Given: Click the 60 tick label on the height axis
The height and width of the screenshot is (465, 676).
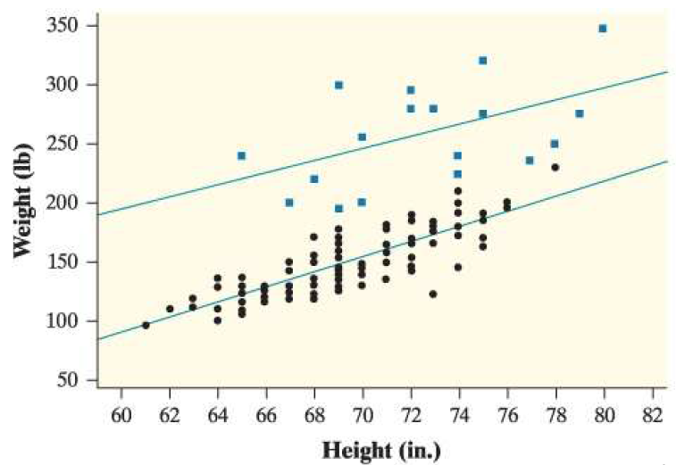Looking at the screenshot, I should (x=121, y=414).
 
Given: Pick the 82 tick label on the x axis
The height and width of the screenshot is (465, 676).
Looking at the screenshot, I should (x=651, y=414).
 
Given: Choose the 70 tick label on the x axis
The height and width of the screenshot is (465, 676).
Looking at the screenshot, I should (x=362, y=414).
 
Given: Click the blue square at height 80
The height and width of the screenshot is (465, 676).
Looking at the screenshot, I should (x=603, y=29).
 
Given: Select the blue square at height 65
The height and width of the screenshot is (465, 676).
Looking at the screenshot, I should (x=241, y=155).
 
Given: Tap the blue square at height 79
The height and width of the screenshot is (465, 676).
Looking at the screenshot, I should (x=580, y=113).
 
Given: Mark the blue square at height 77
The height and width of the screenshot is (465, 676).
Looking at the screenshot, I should (x=530, y=161).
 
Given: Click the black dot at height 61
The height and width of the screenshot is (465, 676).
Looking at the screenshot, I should (x=146, y=325).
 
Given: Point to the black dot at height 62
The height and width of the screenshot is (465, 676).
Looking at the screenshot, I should (x=170, y=309).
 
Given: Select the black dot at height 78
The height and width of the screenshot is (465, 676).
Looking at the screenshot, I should (x=555, y=167).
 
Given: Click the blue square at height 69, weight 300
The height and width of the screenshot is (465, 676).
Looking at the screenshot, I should (x=338, y=85).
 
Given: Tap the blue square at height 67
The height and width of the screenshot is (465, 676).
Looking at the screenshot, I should (x=289, y=203).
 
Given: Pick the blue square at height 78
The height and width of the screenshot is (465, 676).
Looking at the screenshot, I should (x=555, y=144).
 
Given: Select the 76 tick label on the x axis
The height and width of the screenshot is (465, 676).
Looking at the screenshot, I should (x=506, y=414).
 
